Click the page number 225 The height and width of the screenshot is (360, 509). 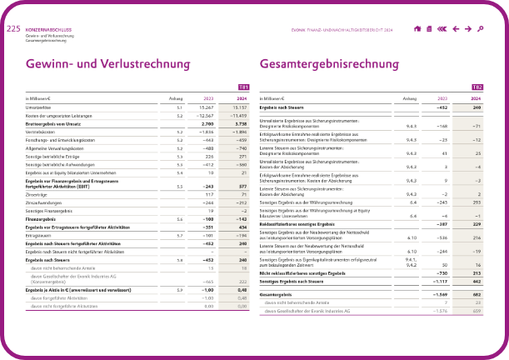tap(12, 28)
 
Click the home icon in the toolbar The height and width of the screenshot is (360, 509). tap(417, 29)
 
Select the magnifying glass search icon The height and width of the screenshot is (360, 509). tap(480, 29)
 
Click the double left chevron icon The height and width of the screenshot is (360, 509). tap(442, 29)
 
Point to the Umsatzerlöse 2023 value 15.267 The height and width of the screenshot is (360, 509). tap(206, 107)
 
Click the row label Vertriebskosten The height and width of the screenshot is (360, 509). tap(39, 132)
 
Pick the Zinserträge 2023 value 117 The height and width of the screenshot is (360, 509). tap(209, 195)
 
